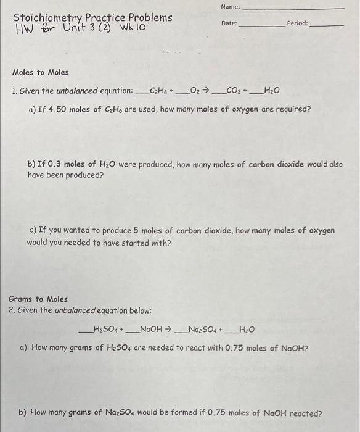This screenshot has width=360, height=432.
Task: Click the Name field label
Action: coord(229,7)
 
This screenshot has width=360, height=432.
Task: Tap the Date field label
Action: coord(228,23)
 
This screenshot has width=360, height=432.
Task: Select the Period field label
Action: coord(297,23)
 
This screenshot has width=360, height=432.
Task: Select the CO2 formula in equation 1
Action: coord(235,91)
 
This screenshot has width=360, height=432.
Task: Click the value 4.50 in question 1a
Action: coord(55,109)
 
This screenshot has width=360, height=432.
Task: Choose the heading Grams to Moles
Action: coord(39,299)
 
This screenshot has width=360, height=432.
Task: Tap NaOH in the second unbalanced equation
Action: coord(151,329)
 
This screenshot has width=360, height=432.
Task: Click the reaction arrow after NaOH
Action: coord(168,329)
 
